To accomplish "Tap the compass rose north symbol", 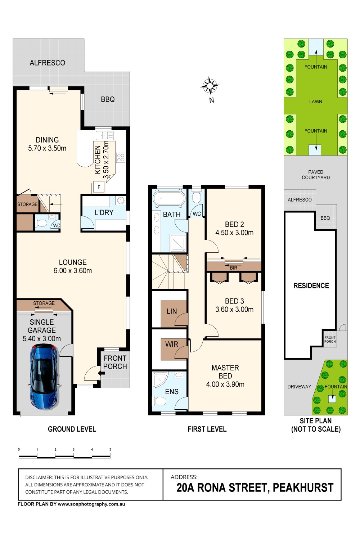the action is pyautogui.click(x=210, y=86).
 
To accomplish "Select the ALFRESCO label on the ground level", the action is pyautogui.click(x=48, y=63).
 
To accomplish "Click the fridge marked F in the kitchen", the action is pyautogui.click(x=99, y=187).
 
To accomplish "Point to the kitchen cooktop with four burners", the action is pyautogui.click(x=121, y=158).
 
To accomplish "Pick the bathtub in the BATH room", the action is pyautogui.click(x=169, y=198).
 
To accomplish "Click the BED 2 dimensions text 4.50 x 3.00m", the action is pyautogui.click(x=234, y=233).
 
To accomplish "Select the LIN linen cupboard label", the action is pyautogui.click(x=172, y=311).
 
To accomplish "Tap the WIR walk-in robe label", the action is pyautogui.click(x=172, y=344).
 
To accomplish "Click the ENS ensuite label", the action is pyautogui.click(x=172, y=392).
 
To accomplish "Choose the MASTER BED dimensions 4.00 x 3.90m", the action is pyautogui.click(x=225, y=384).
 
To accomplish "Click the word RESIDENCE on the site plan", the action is pyautogui.click(x=311, y=286).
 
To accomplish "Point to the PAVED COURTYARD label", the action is pyautogui.click(x=316, y=175).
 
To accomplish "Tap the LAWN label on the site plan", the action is pyautogui.click(x=316, y=102).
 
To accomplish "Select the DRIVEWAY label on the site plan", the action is pyautogui.click(x=299, y=387).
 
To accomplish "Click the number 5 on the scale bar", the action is pyautogui.click(x=110, y=449).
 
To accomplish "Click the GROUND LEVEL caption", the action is pyautogui.click(x=72, y=429).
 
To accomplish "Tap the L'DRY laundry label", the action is pyautogui.click(x=104, y=212).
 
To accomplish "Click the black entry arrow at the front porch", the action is pyautogui.click(x=101, y=373).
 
